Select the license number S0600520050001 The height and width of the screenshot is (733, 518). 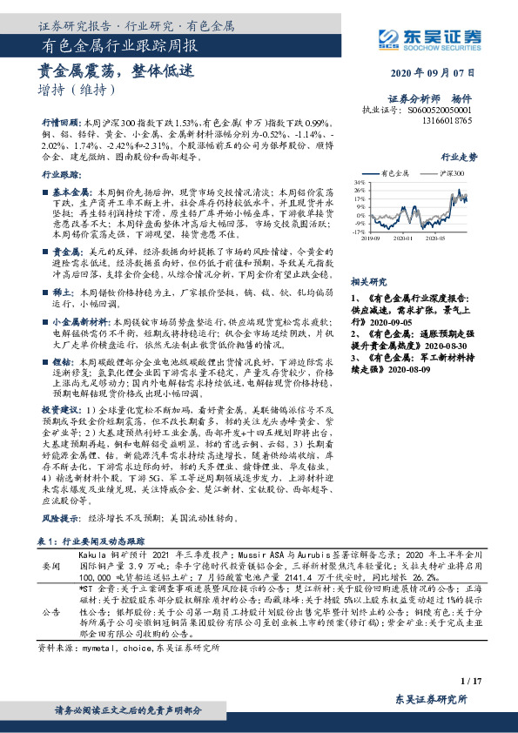(x=440, y=111)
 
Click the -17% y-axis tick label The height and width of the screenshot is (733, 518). (x=359, y=232)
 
